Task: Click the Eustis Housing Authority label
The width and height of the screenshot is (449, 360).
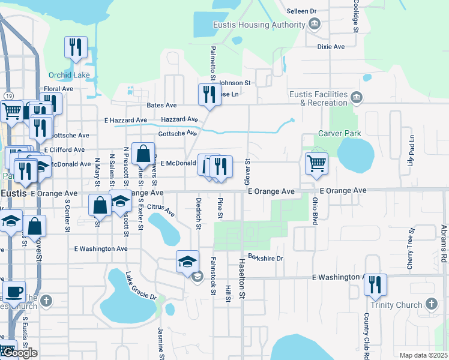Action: [259, 25]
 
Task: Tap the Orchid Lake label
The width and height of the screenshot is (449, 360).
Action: [69, 75]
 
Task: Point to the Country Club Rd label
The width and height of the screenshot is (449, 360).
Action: [366, 336]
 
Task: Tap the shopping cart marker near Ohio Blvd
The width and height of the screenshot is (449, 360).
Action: [316, 163]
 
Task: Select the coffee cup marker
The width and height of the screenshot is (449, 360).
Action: [14, 293]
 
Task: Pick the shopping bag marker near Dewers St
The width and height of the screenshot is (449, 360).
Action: [143, 154]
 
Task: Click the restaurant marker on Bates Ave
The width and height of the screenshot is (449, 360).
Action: [209, 95]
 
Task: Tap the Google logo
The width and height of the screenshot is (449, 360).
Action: [19, 353]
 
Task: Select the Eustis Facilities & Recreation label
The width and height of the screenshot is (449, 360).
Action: [319, 99]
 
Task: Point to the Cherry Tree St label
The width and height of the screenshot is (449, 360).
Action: [411, 248]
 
